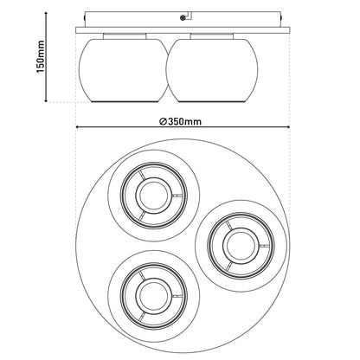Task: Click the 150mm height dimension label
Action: (x=42, y=57)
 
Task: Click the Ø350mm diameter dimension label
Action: (x=180, y=121)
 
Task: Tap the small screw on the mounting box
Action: (x=183, y=18)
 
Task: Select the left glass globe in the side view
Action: (x=124, y=70)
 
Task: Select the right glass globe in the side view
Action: (x=212, y=70)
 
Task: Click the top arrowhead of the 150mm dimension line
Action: (x=46, y=14)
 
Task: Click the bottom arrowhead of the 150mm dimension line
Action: (x=46, y=100)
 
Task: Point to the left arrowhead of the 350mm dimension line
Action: (x=78, y=126)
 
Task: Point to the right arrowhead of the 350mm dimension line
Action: (x=287, y=126)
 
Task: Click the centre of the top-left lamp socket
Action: (x=154, y=196)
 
